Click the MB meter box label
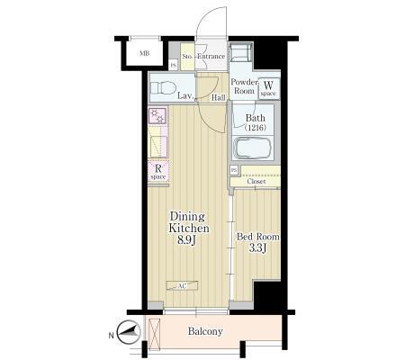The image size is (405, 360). (145, 54)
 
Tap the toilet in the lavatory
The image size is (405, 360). (163, 88)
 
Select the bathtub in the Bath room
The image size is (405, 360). (253, 148)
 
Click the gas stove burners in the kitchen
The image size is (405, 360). (157, 116)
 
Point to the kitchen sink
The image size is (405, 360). (158, 146)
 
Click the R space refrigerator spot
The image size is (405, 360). (158, 171)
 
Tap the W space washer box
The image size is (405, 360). (268, 88)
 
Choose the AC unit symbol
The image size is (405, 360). (182, 285)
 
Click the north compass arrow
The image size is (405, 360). (129, 332)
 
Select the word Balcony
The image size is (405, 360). (205, 331)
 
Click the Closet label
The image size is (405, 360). (256, 182)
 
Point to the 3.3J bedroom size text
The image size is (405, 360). (257, 248)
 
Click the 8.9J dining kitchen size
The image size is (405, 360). (186, 240)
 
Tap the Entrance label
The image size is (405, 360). (211, 56)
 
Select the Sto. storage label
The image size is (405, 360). (187, 57)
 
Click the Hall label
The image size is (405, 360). (219, 97)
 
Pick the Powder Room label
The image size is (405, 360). (244, 86)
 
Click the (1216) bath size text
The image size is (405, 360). (256, 128)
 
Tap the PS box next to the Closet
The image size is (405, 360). (234, 170)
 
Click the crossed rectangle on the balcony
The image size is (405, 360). (155, 334)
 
